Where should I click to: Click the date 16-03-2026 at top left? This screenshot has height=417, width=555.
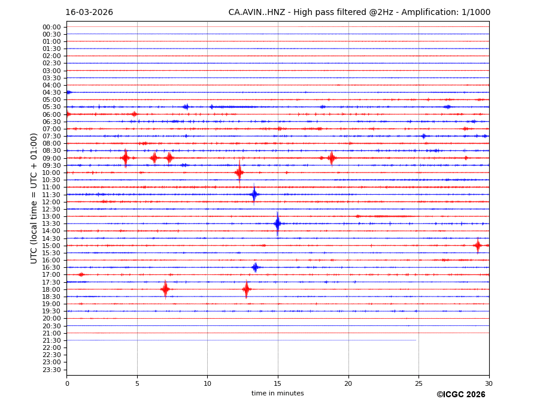(89, 13)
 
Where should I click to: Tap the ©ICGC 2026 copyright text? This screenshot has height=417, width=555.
(460, 395)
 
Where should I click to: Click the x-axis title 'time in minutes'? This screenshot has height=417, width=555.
(277, 394)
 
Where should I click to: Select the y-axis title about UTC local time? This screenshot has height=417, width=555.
(34, 198)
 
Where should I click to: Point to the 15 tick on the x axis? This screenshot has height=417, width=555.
(277, 383)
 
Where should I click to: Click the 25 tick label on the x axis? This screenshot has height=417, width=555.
(418, 383)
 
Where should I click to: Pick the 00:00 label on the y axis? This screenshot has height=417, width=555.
(51, 27)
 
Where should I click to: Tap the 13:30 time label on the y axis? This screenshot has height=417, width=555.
(51, 223)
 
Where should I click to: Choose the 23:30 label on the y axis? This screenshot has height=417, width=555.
(51, 370)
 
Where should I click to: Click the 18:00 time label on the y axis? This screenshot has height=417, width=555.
(51, 289)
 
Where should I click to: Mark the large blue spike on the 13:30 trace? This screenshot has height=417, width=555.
(277, 223)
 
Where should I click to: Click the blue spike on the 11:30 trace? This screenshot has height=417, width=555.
(254, 194)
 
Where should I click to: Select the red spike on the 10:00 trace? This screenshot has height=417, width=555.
(239, 173)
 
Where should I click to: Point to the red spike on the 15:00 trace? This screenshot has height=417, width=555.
(477, 245)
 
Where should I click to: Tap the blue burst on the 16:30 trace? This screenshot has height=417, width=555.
(255, 267)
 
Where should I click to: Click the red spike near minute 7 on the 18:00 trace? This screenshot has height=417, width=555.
(165, 289)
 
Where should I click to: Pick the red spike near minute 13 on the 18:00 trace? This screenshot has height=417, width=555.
(246, 289)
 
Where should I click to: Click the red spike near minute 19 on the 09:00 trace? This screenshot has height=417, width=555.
(331, 158)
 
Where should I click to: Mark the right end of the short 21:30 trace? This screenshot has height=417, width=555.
(416, 340)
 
